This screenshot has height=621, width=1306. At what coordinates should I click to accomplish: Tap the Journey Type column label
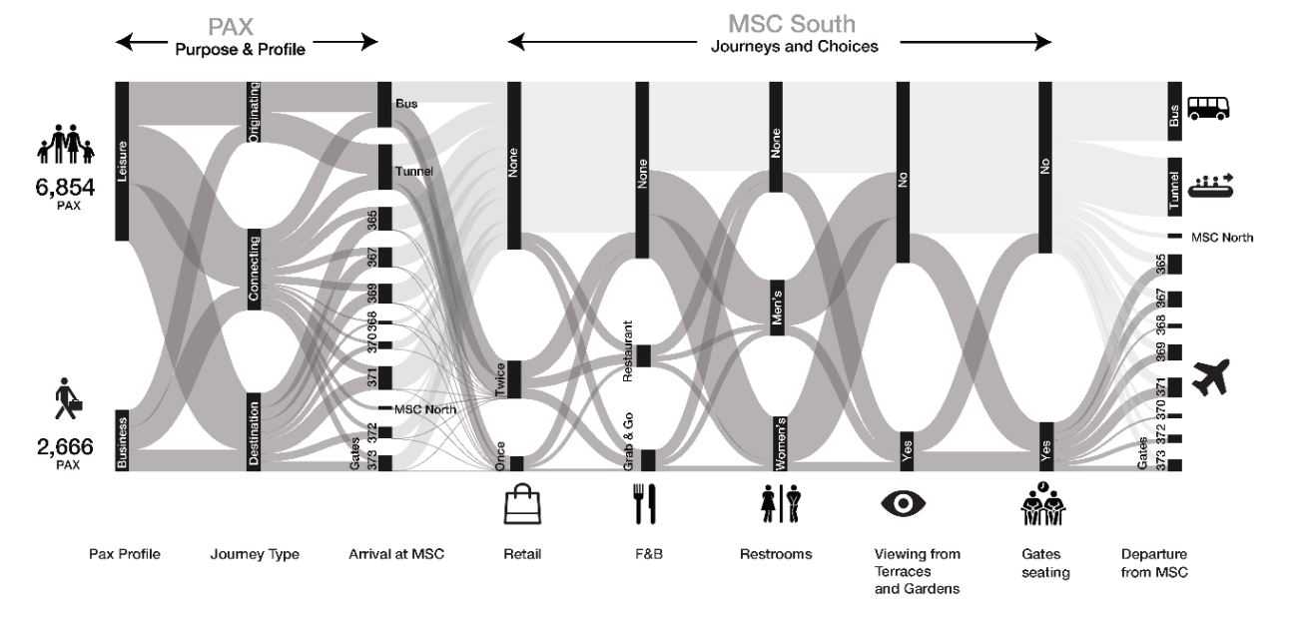coord(255,554)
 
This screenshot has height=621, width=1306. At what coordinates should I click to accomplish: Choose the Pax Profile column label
coord(125,554)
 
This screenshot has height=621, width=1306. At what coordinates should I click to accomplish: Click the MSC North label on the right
coord(1222,238)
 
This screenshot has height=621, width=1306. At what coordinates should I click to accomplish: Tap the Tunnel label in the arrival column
coord(413,171)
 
